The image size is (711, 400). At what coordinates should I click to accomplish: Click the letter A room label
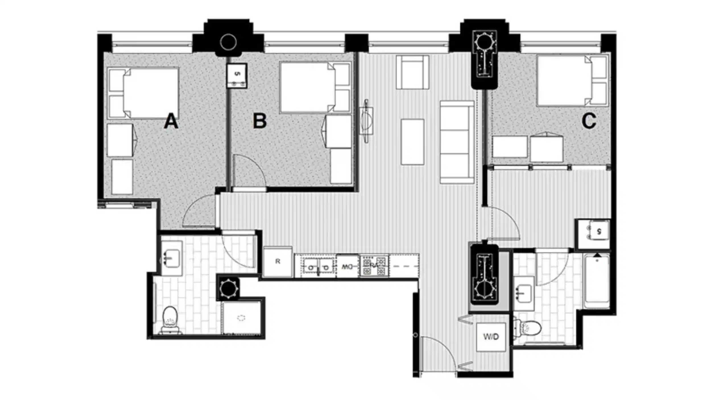[171, 121]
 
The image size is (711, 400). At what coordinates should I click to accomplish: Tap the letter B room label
[260, 121]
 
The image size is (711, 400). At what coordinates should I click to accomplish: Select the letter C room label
[589, 121]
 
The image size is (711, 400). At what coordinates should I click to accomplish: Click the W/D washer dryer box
[491, 337]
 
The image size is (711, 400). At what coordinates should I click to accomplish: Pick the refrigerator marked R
[278, 261]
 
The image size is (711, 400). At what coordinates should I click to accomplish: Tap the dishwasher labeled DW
[347, 266]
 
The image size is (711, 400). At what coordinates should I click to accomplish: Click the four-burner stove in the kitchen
[374, 266]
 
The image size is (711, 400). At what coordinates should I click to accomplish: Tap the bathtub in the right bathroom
[597, 282]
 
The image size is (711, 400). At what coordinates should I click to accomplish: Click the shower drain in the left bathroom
[241, 318]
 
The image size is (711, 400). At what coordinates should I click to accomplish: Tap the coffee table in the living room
[412, 142]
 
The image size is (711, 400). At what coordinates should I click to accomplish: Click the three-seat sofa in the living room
[456, 142]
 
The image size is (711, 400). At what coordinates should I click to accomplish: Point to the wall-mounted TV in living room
[366, 121]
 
